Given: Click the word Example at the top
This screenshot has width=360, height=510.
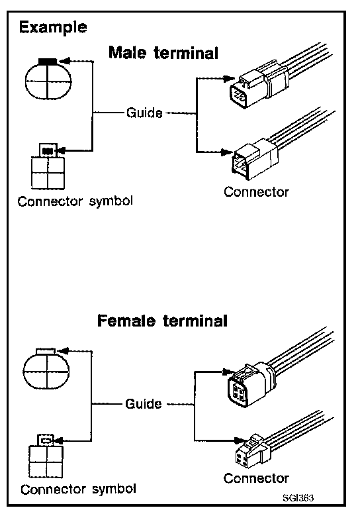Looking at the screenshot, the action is click(53, 27).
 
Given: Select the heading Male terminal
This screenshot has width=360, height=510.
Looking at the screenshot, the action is click(163, 53).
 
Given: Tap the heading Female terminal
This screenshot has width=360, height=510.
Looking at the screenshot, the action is click(162, 321).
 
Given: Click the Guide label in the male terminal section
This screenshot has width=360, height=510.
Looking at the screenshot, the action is click(144, 113).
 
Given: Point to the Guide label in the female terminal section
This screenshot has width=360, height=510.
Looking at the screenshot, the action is click(144, 403).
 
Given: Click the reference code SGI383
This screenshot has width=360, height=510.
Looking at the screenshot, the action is click(298, 497).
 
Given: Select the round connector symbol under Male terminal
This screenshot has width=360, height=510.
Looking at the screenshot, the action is click(48, 79).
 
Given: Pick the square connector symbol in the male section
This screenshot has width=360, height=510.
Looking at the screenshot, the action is click(48, 166).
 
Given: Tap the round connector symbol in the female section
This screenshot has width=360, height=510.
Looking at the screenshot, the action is click(46, 368).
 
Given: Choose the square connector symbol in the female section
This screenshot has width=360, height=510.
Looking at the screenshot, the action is click(46, 456).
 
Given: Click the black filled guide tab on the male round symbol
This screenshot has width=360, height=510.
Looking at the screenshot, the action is click(48, 61).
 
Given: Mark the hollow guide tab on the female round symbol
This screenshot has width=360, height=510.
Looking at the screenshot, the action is click(46, 351).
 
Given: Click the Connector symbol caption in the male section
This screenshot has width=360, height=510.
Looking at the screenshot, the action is click(75, 201).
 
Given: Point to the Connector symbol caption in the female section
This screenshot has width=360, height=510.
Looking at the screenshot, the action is click(78, 489).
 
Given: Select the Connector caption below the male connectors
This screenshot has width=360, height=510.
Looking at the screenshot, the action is click(256, 192).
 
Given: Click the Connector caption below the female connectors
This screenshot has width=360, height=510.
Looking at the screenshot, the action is click(256, 478).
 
